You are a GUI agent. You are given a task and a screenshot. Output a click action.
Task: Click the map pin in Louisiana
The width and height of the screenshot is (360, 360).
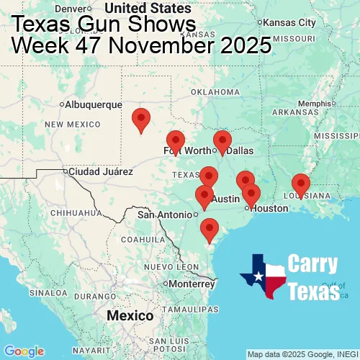pyautogui.click(x=300, y=185)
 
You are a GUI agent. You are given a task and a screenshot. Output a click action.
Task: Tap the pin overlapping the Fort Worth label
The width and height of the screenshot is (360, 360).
pyautogui.click(x=175, y=142)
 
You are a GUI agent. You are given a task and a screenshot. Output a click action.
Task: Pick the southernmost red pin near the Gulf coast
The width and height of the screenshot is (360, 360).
pyautogui.click(x=209, y=229)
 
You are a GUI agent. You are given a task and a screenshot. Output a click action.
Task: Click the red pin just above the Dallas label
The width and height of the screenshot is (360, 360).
pyautogui.click(x=222, y=142)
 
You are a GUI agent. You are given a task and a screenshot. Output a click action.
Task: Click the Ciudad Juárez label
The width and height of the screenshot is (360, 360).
pyautogui.click(x=100, y=172)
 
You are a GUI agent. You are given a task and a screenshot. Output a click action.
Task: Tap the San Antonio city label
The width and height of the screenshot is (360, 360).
pyautogui.click(x=165, y=215)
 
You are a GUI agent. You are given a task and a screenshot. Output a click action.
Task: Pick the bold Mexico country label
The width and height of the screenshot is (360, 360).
pyautogui.click(x=130, y=316)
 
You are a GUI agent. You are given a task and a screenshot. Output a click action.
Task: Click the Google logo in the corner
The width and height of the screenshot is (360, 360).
pyautogui.click(x=24, y=351)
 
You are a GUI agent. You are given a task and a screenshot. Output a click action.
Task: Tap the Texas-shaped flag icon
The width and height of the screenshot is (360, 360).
pyautogui.click(x=263, y=276)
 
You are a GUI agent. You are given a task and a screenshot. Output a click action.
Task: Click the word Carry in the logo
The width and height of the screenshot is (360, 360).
pyautogui.click(x=315, y=264)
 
